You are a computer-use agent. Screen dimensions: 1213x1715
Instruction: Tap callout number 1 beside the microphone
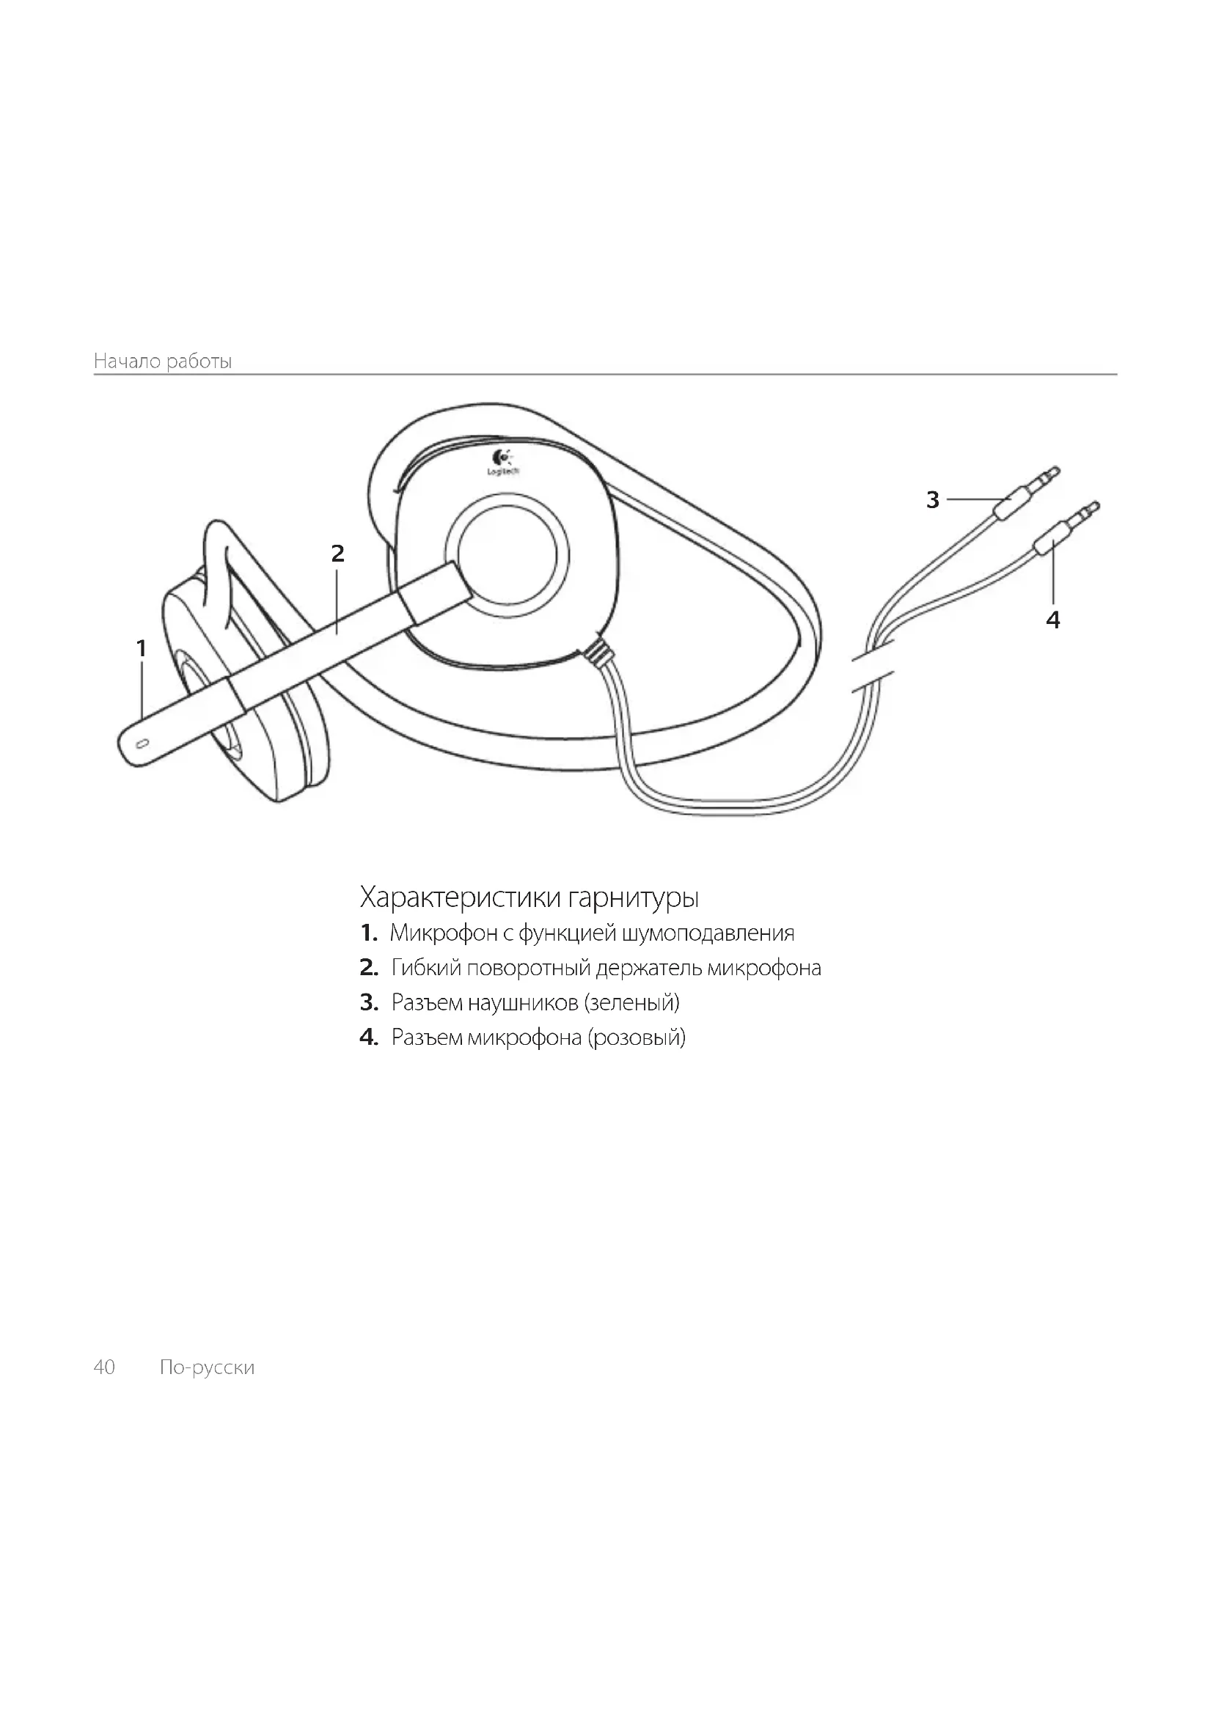coord(141,648)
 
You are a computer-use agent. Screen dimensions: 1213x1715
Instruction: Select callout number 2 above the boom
coord(337,554)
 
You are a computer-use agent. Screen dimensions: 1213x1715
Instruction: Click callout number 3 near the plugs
coord(932,500)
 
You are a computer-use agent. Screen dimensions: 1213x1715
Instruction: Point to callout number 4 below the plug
coord(1053,620)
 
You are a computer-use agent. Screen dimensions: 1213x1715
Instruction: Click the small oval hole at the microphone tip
coord(144,743)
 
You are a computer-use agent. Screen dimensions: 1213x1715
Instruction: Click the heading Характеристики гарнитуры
coord(529,896)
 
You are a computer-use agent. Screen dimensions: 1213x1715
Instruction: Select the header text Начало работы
coord(163,361)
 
